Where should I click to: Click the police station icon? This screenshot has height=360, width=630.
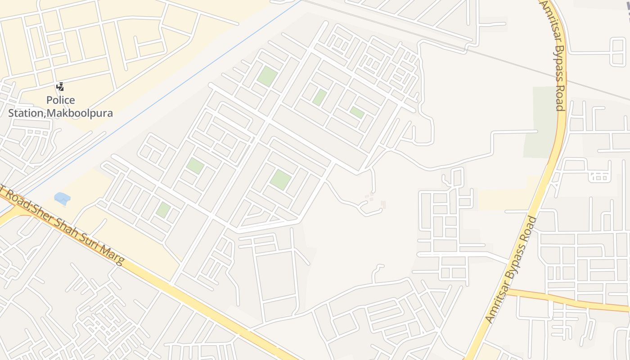pos(60,86)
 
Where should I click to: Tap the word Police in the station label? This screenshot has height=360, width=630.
pos(61,100)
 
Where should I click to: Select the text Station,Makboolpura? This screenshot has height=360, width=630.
pos(60,112)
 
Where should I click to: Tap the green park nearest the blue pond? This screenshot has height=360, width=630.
pos(163,210)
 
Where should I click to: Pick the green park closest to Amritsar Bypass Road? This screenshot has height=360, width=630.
pos(357,112)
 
